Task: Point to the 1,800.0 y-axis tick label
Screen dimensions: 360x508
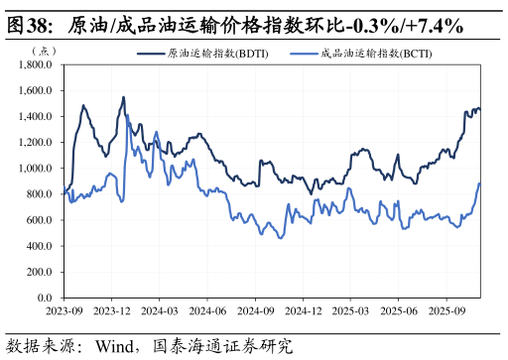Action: tap(37, 65)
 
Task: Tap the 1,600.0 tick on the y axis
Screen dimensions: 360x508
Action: tap(37, 91)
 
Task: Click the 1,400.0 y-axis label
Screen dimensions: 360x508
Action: tap(37, 117)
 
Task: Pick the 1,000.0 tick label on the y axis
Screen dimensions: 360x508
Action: tap(37, 169)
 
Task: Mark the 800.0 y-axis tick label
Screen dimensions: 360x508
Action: tap(41, 194)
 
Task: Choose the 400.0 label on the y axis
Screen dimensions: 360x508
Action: tap(41, 246)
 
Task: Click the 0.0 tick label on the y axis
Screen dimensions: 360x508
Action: tap(46, 298)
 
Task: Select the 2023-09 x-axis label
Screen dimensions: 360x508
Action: tap(64, 310)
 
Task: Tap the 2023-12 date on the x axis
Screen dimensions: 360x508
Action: tap(112, 310)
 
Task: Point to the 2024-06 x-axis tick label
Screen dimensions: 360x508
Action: tap(207, 310)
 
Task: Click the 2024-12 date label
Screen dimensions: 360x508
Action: tap(303, 310)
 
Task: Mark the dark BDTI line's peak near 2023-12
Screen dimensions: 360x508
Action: tap(123, 97)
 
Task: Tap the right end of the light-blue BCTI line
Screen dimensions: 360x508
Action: tap(479, 183)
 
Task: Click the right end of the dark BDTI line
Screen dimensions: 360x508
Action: tap(480, 109)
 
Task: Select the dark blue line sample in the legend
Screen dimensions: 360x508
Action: tap(150, 54)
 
